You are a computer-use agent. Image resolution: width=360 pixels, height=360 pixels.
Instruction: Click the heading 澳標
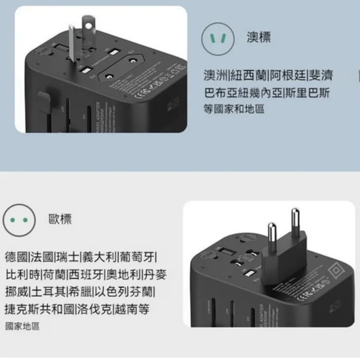(x=259, y=38)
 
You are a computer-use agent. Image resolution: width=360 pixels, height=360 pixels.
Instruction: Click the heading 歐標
(x=60, y=219)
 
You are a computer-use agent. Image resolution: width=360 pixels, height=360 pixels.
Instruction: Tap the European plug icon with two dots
(x=19, y=220)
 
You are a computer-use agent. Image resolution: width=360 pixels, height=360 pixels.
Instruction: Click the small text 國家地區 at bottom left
(x=22, y=326)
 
